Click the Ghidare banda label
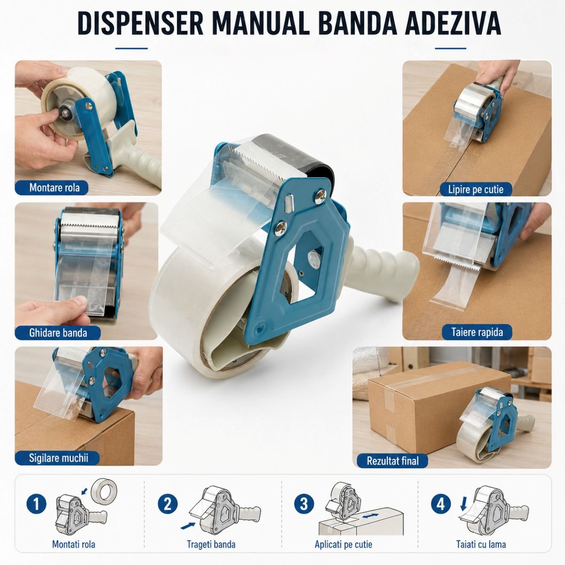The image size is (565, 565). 58,333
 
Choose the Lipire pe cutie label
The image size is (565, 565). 476,189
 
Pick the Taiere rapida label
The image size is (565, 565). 477,332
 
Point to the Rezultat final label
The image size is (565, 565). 392,460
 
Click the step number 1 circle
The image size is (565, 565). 37,504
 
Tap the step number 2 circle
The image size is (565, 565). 168,504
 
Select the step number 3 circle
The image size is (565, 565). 304,504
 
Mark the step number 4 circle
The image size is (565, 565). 441,504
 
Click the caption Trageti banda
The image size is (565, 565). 211,544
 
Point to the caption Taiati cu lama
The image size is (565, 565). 481,544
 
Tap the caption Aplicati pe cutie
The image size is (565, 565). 343,544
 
